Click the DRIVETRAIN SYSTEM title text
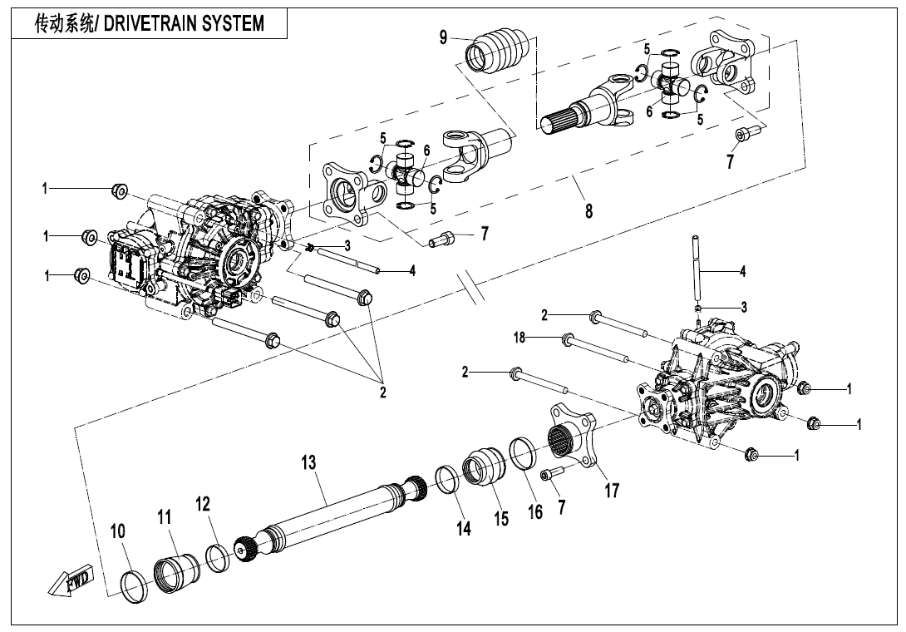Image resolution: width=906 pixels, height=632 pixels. pyautogui.click(x=150, y=24)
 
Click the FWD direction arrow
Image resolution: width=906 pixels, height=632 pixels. pyautogui.click(x=71, y=580)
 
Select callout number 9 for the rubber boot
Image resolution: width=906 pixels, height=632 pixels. pyautogui.click(x=444, y=37)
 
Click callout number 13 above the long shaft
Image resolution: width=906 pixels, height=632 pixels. pyautogui.click(x=309, y=462)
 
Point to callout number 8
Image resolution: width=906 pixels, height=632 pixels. pyautogui.click(x=588, y=211)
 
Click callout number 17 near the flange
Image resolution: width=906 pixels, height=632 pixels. pyautogui.click(x=612, y=491)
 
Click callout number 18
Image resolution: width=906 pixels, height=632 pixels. pyautogui.click(x=519, y=337)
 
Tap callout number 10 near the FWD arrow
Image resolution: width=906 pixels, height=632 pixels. pyautogui.click(x=118, y=531)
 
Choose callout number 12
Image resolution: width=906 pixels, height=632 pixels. pyautogui.click(x=203, y=504)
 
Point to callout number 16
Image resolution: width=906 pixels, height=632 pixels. pyautogui.click(x=535, y=511)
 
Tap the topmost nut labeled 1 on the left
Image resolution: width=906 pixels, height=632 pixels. pyautogui.click(x=119, y=192)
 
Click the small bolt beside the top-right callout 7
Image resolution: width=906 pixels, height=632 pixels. pyautogui.click(x=743, y=134)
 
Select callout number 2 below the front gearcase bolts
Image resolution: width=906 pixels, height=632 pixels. pyautogui.click(x=383, y=393)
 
